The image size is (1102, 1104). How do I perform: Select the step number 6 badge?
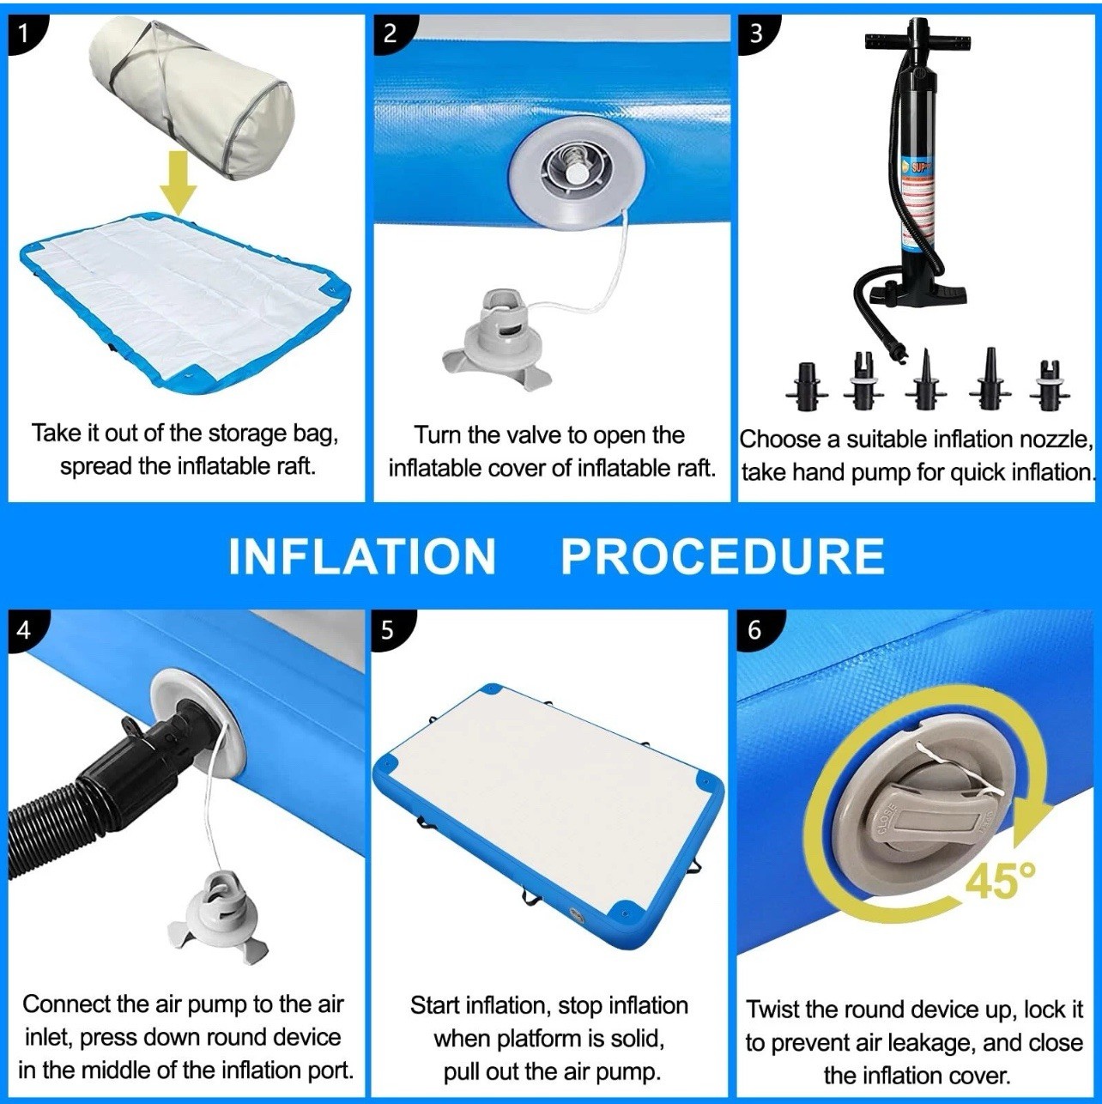(x=756, y=630)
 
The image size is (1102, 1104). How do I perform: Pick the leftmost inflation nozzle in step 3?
(x=808, y=386)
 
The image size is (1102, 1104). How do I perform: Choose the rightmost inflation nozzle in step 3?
(x=1051, y=385)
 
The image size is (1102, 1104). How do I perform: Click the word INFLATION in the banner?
(x=362, y=555)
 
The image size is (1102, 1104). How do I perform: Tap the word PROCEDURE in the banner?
(x=723, y=555)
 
